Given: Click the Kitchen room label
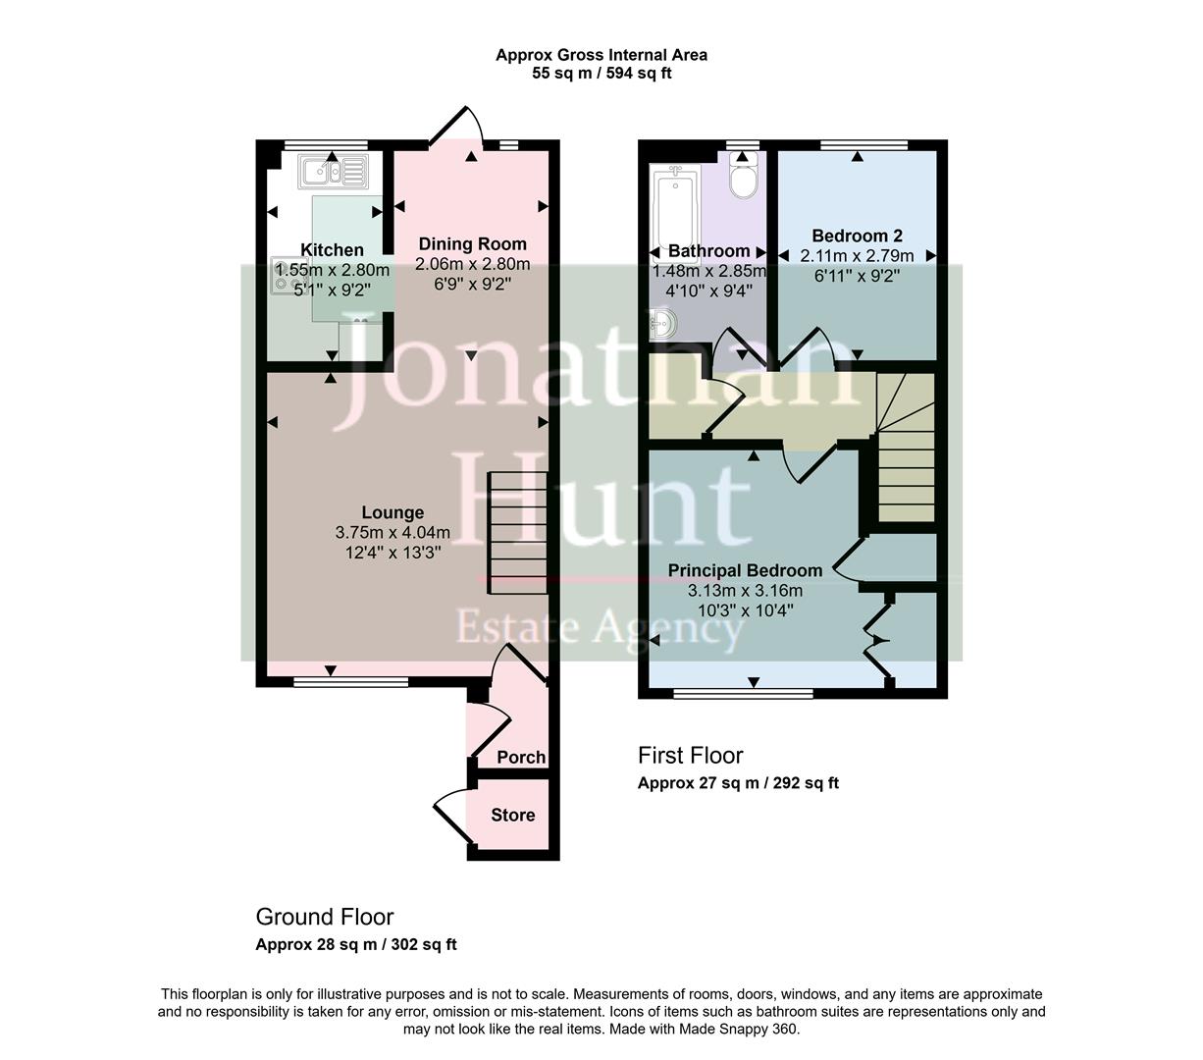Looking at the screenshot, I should tap(332, 250).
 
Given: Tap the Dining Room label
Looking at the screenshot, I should tap(472, 243).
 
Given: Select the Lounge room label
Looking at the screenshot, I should tap(392, 512).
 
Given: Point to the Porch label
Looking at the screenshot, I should tap(521, 757).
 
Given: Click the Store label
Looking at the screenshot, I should tap(512, 815).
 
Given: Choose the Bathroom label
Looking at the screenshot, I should tap(708, 251).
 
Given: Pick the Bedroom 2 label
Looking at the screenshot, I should tap(857, 236).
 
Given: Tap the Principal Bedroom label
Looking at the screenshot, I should tap(745, 570).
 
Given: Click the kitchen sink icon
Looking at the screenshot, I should tap(334, 173).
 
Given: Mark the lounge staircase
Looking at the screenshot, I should tap(517, 533).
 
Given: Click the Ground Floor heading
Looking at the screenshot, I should tap(325, 917).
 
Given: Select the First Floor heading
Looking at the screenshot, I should tap(690, 755).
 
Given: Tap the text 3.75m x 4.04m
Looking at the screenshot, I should tap(392, 533).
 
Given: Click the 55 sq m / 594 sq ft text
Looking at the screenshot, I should tap(601, 73).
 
